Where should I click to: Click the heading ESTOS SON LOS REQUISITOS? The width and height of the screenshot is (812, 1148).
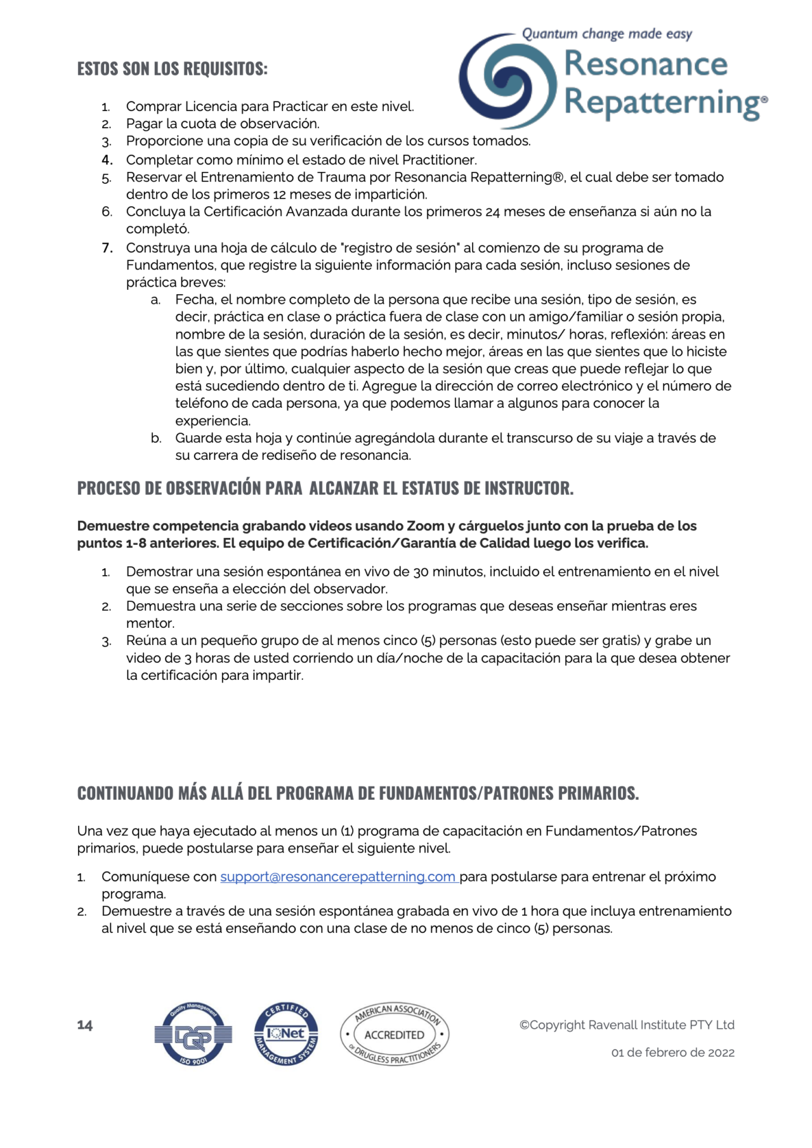click(x=172, y=68)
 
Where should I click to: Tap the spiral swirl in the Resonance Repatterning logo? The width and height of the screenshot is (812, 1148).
click(x=507, y=81)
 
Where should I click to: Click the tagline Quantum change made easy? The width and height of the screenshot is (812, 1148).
click(x=606, y=34)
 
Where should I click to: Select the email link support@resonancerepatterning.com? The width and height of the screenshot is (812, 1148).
click(x=338, y=877)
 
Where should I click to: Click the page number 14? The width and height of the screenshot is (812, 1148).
click(x=85, y=1025)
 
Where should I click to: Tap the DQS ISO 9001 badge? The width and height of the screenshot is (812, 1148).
click(x=193, y=1034)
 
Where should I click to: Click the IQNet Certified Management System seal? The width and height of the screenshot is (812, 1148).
click(x=286, y=1034)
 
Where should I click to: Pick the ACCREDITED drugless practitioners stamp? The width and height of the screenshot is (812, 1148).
click(x=395, y=1034)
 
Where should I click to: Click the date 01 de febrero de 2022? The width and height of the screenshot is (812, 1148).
click(x=672, y=1052)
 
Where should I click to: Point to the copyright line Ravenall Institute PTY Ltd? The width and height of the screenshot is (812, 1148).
click(x=627, y=1025)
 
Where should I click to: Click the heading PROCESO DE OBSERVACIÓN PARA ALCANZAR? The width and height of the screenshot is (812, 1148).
click(x=325, y=488)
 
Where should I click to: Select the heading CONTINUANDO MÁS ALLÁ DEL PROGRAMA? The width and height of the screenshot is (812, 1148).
click(x=357, y=793)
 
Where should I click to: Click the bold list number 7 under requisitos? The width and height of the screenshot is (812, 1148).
click(x=107, y=248)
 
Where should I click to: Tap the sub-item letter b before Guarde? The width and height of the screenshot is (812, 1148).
click(x=155, y=438)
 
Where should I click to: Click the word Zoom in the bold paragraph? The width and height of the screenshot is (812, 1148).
click(x=425, y=526)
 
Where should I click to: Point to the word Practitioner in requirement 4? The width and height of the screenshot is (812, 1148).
click(x=438, y=160)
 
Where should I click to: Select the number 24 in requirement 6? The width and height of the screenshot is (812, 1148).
click(x=492, y=212)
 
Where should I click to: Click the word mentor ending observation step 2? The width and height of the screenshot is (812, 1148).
click(x=150, y=623)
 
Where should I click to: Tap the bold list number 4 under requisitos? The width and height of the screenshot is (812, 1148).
click(x=107, y=160)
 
